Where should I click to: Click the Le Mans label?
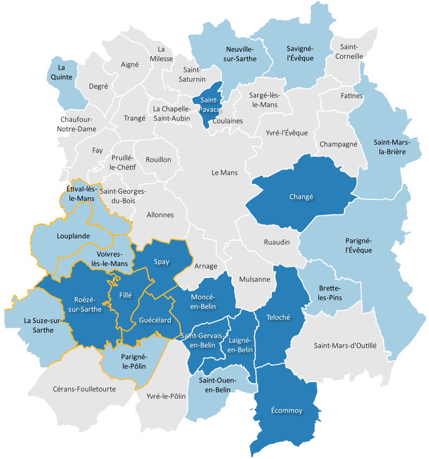tap(224, 173)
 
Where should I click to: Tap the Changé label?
tap(302, 197)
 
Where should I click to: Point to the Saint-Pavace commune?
tap(210, 105)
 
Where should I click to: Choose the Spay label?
tap(161, 262)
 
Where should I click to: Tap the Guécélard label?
tap(155, 321)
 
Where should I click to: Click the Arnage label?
tap(206, 266)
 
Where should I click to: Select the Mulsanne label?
tap(254, 279)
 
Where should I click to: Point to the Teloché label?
tap(279, 318)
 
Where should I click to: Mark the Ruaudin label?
tap(277, 242)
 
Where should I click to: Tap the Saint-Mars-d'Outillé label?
tap(345, 345)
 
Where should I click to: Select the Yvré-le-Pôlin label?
tap(166, 396)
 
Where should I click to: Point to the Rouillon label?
tap(159, 159)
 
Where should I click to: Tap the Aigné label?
tap(130, 64)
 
